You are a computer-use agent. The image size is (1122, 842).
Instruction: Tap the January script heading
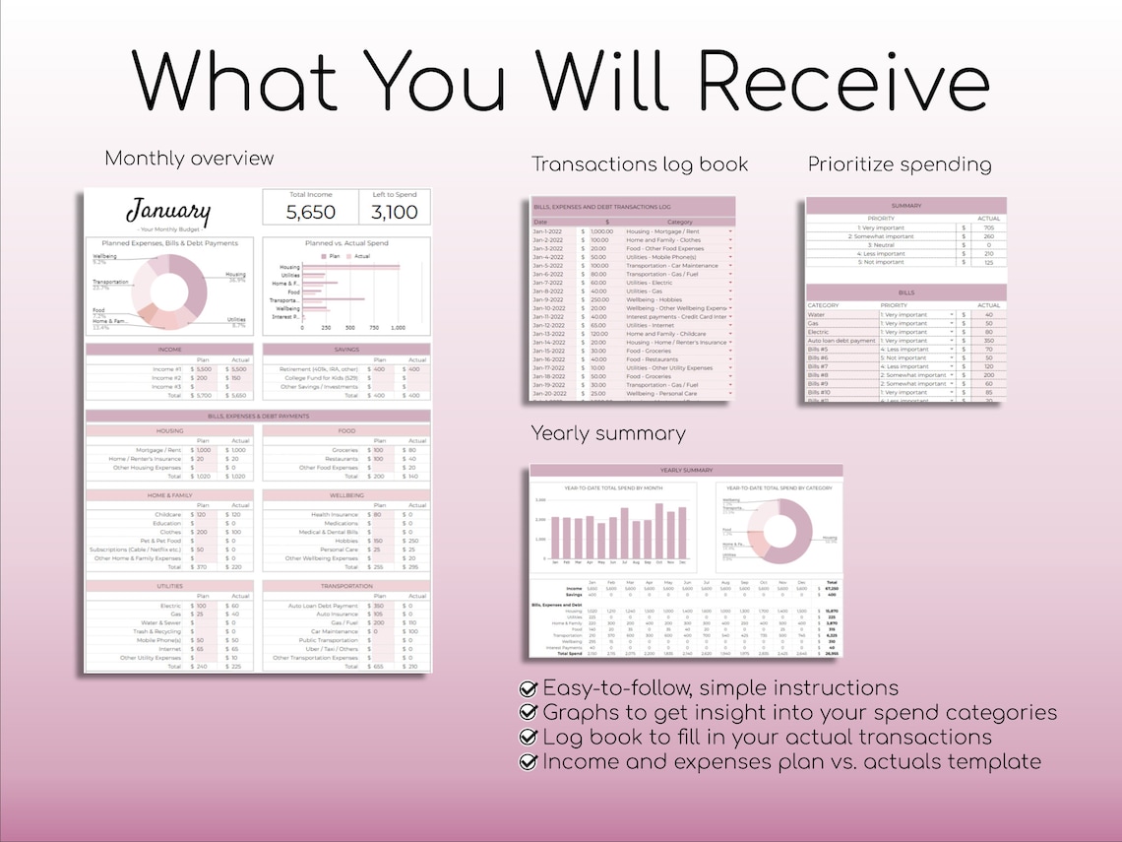168,211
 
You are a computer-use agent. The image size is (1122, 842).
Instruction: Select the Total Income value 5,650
311,212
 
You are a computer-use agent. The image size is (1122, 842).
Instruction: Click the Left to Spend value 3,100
394,212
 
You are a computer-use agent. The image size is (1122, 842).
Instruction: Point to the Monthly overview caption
189,159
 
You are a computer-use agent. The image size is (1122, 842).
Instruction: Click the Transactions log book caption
640,164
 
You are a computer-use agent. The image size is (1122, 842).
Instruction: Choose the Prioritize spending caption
900,164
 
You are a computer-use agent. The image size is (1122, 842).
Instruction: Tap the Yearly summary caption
608,433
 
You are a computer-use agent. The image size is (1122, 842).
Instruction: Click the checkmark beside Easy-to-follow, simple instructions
529,688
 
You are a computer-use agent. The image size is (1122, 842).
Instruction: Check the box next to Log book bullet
529,738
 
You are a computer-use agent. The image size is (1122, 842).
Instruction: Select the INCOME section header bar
169,350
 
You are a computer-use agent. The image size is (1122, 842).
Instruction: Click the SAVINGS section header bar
346,350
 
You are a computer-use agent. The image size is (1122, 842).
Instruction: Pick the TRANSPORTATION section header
346,586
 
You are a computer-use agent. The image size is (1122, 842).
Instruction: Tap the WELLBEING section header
346,496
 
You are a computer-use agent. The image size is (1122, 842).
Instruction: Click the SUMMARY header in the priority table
905,206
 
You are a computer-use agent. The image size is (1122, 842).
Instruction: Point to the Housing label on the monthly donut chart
236,275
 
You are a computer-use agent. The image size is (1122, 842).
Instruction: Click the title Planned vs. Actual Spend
346,243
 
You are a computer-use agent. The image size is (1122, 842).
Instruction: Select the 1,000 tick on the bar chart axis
399,328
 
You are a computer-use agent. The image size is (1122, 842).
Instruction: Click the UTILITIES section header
169,586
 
